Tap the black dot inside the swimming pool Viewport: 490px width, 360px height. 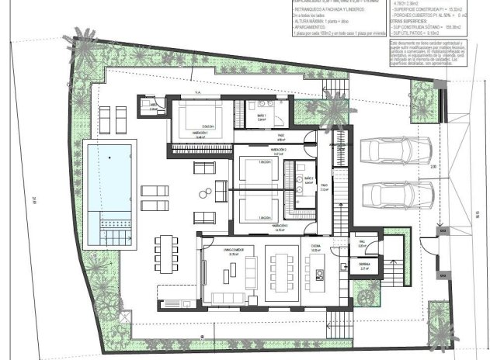coord(109,157)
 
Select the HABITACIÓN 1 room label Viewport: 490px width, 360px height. coord(184,132)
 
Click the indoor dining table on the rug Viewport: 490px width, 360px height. coord(281,267)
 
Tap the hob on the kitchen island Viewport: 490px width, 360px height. coord(318,272)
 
